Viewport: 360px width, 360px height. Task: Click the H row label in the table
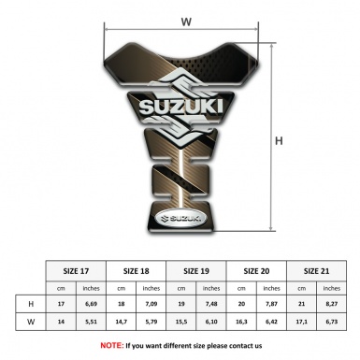tap(31, 304)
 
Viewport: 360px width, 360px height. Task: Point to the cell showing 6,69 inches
tap(92, 304)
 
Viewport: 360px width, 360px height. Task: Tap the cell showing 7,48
tap(211, 304)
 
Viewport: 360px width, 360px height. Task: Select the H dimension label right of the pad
tap(278, 140)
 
